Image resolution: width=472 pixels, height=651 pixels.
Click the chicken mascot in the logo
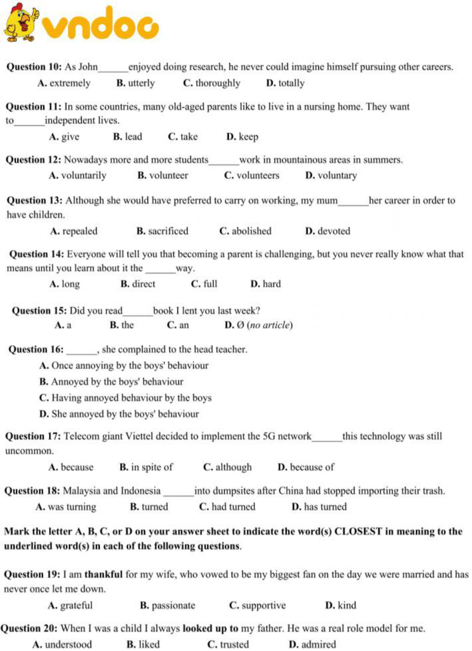point(21,22)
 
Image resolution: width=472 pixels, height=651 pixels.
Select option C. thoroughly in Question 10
point(212,83)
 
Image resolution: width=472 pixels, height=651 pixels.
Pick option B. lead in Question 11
point(127,137)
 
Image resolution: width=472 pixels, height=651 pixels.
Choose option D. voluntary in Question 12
point(331,175)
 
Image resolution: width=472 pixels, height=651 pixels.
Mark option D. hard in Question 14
point(266,284)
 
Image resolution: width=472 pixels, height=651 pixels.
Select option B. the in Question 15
point(122,325)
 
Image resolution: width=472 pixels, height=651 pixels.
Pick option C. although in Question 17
point(227,467)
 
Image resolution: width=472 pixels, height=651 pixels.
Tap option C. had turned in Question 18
point(227,507)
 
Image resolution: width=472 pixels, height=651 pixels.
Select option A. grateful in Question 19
point(70,606)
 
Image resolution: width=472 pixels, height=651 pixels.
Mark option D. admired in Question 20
point(312,645)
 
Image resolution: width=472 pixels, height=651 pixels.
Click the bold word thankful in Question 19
point(104,575)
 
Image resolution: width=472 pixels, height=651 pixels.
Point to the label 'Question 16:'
point(36,350)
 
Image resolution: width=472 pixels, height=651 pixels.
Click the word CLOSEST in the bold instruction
point(358,531)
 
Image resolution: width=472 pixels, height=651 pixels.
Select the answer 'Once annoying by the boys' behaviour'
point(124,366)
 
